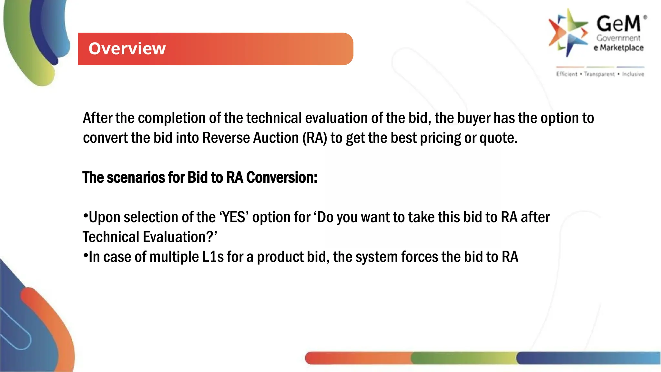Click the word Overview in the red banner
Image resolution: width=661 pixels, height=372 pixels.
pyautogui.click(x=127, y=49)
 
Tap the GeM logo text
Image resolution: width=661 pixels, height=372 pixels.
pyautogui.click(x=618, y=24)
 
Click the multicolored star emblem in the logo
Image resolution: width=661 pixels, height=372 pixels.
pyautogui.click(x=568, y=33)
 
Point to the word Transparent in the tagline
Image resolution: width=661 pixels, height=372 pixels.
pyautogui.click(x=599, y=74)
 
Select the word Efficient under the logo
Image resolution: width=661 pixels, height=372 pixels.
pyautogui.click(x=566, y=74)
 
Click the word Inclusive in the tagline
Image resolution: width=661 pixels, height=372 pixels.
pyautogui.click(x=633, y=74)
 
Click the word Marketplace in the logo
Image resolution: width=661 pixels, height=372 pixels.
pyautogui.click(x=622, y=48)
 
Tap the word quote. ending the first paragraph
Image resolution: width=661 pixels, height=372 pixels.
pyautogui.click(x=498, y=138)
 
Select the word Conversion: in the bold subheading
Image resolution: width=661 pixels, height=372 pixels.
pyautogui.click(x=282, y=178)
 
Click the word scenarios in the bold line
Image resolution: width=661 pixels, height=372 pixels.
pyautogui.click(x=136, y=178)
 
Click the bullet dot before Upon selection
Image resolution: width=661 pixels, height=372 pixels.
pyautogui.click(x=86, y=216)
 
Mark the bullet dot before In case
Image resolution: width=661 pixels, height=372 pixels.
pyautogui.click(x=86, y=255)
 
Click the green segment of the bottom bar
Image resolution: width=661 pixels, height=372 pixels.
pyautogui.click(x=463, y=358)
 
